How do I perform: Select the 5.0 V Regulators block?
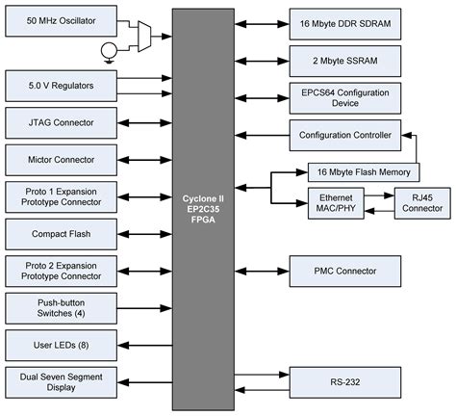click(61, 86)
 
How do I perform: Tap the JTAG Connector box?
click(61, 121)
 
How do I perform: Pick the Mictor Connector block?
click(61, 158)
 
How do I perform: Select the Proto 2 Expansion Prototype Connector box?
click(61, 271)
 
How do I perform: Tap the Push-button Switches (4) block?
click(61, 308)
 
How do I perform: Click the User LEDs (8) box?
click(61, 345)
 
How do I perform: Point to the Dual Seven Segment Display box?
click(61, 382)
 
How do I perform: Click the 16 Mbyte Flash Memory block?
click(364, 173)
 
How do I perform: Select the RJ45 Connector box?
click(420, 203)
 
